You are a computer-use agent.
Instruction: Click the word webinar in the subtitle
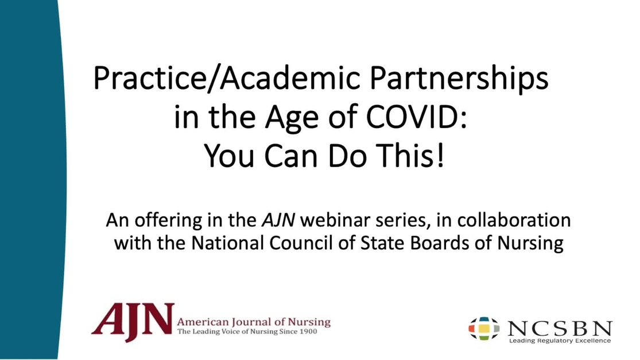pos(325,220)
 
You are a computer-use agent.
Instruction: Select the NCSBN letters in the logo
pos(560,328)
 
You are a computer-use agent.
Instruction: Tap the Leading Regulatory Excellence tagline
pos(560,341)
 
